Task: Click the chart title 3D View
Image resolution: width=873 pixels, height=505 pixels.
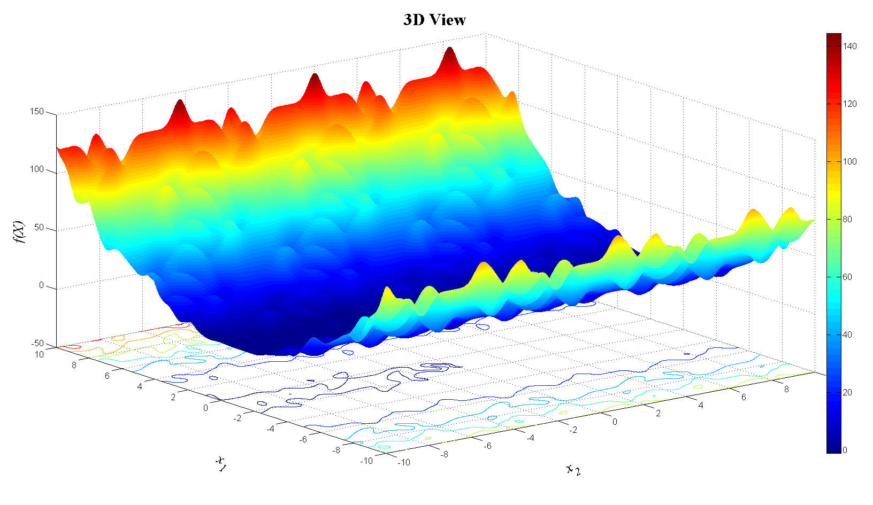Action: pos(434,20)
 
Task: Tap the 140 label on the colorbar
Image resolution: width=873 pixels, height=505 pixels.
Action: pos(849,46)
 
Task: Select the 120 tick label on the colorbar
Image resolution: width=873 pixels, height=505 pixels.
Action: pos(849,104)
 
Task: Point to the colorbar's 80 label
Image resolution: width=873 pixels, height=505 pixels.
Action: pos(847,220)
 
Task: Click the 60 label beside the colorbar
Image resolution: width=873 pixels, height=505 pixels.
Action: pos(847,277)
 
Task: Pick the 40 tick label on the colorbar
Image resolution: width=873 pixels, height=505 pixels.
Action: pos(847,335)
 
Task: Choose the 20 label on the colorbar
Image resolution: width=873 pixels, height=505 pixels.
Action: pos(847,393)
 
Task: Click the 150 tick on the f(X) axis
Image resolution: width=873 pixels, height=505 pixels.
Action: pos(37,112)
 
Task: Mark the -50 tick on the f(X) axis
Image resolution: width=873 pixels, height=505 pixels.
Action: pos(37,344)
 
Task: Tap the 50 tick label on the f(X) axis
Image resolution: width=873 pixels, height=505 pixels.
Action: pos(39,228)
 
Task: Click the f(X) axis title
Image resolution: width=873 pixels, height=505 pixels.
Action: pos(19,231)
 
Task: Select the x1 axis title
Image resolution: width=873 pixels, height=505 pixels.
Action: pos(220,463)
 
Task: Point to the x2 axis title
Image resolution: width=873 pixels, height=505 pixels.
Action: pos(573,469)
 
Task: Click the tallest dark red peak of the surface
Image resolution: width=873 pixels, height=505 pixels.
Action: pos(449,52)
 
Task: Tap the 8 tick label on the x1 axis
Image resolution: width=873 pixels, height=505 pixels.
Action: pos(74,366)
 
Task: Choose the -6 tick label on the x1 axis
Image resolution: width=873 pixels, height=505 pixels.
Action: pos(303,439)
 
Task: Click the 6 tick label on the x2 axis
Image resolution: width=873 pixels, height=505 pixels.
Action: pos(744,397)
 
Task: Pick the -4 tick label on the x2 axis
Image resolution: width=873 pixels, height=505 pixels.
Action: pos(530,438)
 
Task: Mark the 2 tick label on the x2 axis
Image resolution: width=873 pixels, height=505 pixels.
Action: pos(658,413)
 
